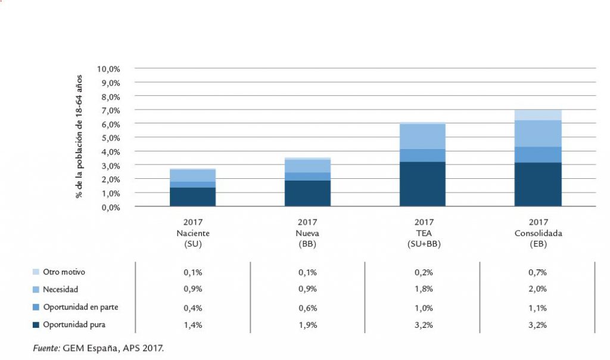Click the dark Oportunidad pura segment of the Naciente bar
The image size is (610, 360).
[192, 197]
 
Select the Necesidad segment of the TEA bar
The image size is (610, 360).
[423, 136]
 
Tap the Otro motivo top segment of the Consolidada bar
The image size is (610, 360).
[538, 114]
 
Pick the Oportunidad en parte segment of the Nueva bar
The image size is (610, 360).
[308, 176]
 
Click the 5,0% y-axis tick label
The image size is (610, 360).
[110, 138]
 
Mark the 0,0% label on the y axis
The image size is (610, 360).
[110, 207]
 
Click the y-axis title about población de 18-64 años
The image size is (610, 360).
[79, 137]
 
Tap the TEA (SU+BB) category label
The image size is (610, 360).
[423, 233]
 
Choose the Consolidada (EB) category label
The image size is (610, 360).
[538, 233]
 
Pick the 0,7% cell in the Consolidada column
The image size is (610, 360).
[538, 272]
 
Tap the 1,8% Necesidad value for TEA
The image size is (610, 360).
[423, 290]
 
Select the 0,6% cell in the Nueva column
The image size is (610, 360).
[308, 308]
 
